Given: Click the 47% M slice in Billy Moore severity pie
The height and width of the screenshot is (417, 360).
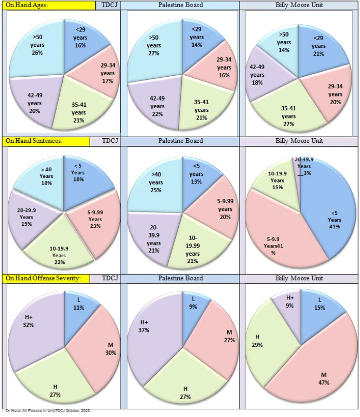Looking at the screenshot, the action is (319, 372).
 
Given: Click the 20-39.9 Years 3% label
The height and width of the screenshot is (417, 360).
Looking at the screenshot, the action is (304, 166).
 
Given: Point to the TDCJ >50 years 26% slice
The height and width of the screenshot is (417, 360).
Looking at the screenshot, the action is (37, 48).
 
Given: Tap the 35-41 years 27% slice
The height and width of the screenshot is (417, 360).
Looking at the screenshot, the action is (288, 114).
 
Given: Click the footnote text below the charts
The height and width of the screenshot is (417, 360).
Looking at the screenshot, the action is (48, 411).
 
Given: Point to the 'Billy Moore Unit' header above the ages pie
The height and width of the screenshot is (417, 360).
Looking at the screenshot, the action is (299, 5).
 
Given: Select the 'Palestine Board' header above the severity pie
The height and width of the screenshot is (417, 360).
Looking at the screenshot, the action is (180, 278).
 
